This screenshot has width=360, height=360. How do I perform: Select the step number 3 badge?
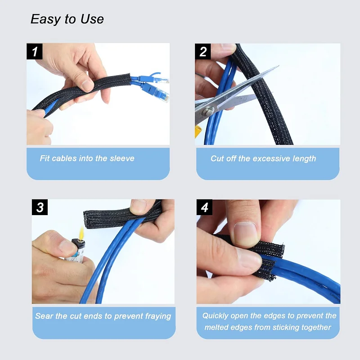pos(40,207)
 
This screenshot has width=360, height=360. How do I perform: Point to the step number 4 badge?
pos(205,207)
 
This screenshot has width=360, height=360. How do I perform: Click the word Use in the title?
pos(92,19)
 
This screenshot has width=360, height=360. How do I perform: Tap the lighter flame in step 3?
pos(81,232)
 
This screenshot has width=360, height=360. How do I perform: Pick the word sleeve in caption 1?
pos(122,158)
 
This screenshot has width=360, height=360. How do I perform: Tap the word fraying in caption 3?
pos(158,316)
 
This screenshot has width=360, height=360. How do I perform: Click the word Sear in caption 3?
pos(44,316)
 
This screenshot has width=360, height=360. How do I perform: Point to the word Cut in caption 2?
pos(217,158)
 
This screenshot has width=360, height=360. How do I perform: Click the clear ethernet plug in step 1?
pos(161,96)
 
